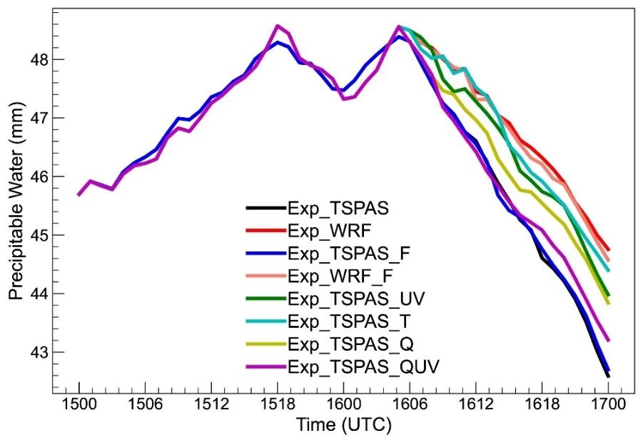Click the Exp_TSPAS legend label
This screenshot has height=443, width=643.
(x=331, y=208)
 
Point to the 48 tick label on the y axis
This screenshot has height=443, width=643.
(x=36, y=59)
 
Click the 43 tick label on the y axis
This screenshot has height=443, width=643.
(x=36, y=352)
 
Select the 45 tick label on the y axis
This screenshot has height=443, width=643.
(x=36, y=235)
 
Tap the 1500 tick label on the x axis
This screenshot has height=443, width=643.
(x=79, y=404)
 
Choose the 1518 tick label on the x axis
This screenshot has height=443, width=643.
(x=277, y=404)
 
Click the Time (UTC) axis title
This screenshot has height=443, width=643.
(x=343, y=426)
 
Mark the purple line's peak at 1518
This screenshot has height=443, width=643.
(x=278, y=26)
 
